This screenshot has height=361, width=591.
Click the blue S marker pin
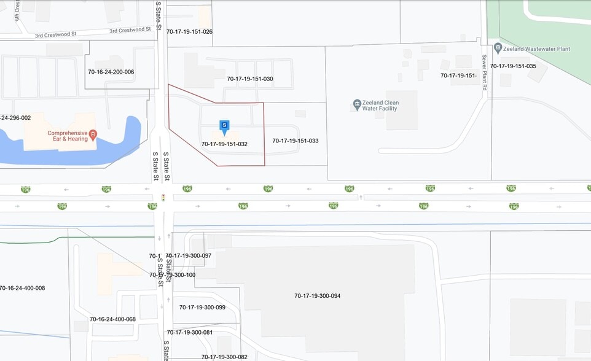pyautogui.click(x=224, y=126)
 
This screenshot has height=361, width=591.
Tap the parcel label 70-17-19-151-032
pyautogui.click(x=224, y=144)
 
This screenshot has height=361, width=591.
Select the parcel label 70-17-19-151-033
pyautogui.click(x=295, y=141)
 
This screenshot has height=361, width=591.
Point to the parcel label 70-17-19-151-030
pyautogui.click(x=250, y=79)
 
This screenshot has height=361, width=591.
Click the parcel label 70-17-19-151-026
pyautogui.click(x=189, y=31)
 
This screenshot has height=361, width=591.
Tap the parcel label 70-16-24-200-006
pyautogui.click(x=111, y=72)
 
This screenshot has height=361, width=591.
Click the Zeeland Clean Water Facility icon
pyautogui.click(x=357, y=105)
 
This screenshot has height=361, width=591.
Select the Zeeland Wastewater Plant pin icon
pyautogui.click(x=498, y=48)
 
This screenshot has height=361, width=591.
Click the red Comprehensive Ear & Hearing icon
pyautogui.click(x=93, y=134)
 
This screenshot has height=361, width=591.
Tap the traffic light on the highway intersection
pyautogui.click(x=163, y=198)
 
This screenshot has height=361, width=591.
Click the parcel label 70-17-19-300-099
pyautogui.click(x=202, y=307)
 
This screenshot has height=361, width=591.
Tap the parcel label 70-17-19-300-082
pyautogui.click(x=224, y=357)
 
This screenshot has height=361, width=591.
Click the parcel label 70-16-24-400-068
pyautogui.click(x=112, y=319)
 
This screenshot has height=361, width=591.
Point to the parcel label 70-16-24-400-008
pyautogui.click(x=22, y=288)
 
